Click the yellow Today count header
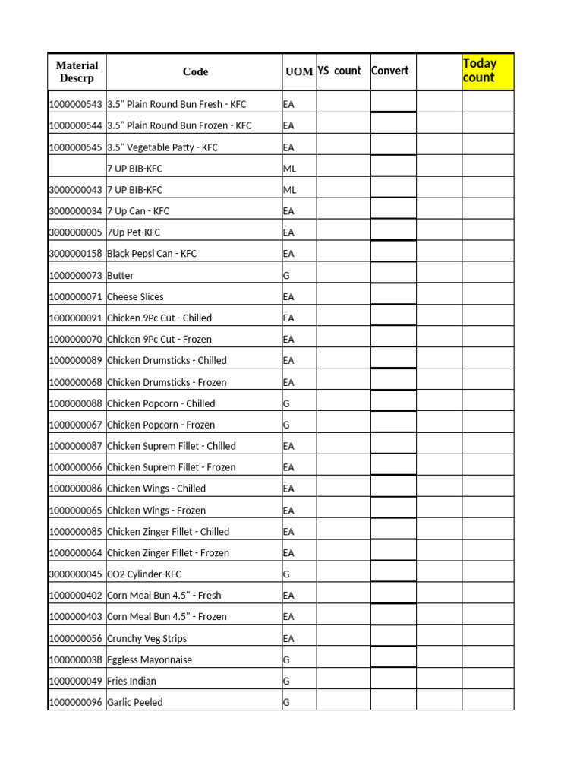click(488, 71)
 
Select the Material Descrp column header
click(77, 72)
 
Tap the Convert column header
click(390, 71)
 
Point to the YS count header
click(339, 71)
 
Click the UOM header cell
click(299, 72)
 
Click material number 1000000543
click(75, 104)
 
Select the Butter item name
click(121, 276)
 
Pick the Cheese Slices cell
click(135, 297)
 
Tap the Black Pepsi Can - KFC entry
click(152, 254)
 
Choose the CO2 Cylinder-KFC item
click(144, 574)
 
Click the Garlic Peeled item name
click(135, 703)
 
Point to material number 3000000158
click(75, 254)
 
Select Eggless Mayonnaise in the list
click(150, 660)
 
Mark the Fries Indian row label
click(132, 682)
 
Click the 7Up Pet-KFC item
click(134, 232)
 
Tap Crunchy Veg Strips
click(147, 639)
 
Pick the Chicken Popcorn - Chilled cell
click(161, 404)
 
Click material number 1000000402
click(75, 596)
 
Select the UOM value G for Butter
click(286, 276)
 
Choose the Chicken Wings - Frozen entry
click(156, 511)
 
